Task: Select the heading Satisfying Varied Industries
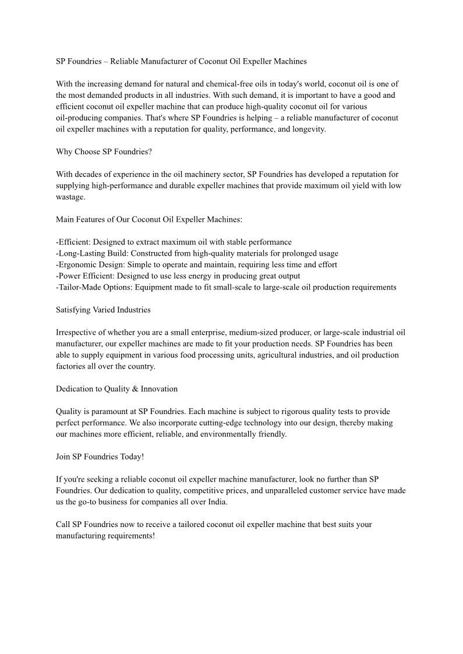click(x=103, y=310)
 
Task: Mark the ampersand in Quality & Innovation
click(x=133, y=389)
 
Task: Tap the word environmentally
click(x=224, y=434)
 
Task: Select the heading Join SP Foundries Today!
click(x=100, y=457)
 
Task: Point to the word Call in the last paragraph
click(x=63, y=525)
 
